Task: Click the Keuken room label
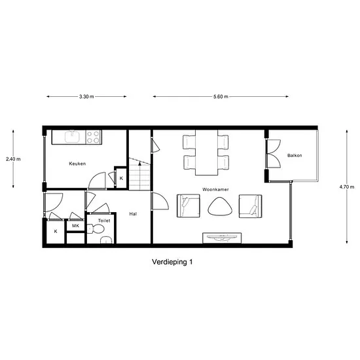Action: click(x=77, y=164)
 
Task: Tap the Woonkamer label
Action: click(x=215, y=189)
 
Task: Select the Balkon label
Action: click(x=295, y=155)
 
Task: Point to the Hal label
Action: click(x=133, y=214)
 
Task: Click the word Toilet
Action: click(x=104, y=221)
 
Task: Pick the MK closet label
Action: click(x=75, y=226)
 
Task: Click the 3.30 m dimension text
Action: click(x=86, y=97)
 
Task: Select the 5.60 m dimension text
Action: click(x=221, y=97)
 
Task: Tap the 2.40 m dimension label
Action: click(x=13, y=159)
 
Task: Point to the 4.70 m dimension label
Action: click(x=347, y=187)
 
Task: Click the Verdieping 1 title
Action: click(x=172, y=262)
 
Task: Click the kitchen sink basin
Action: click(x=72, y=137)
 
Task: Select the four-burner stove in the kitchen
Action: click(x=94, y=137)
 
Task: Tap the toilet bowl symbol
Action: click(x=96, y=229)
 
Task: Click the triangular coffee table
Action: click(x=220, y=206)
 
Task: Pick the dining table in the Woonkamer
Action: click(x=206, y=153)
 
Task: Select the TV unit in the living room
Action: click(x=222, y=238)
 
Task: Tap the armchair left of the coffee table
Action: click(x=189, y=206)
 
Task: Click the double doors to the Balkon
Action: click(x=273, y=154)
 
